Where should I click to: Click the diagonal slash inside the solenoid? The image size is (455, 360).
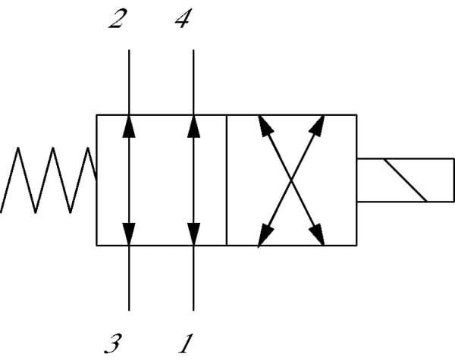405,180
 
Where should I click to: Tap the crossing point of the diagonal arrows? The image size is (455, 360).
292,180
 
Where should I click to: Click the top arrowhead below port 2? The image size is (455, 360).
129,125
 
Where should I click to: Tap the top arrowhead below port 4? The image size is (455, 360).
193,125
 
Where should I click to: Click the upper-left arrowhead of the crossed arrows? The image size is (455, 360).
265,125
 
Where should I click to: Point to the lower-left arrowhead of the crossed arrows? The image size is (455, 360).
265,236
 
